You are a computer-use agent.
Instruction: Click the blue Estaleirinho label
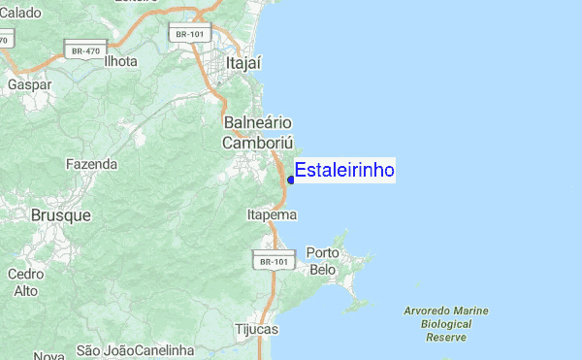coord(344,171)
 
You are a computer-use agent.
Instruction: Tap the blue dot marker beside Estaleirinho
coord(291,180)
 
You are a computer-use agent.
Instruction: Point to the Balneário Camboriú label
coord(257,133)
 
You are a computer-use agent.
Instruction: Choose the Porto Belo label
coord(322,261)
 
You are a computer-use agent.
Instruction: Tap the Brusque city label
coord(61,214)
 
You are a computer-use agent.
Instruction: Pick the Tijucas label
coord(256,330)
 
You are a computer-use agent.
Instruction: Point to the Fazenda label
coord(91,164)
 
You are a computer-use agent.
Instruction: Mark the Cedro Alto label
coord(26,282)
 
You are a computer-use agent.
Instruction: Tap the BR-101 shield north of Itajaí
coord(189,34)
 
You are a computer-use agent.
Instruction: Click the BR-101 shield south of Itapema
coord(273,262)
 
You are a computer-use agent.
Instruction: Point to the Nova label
coord(48,356)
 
